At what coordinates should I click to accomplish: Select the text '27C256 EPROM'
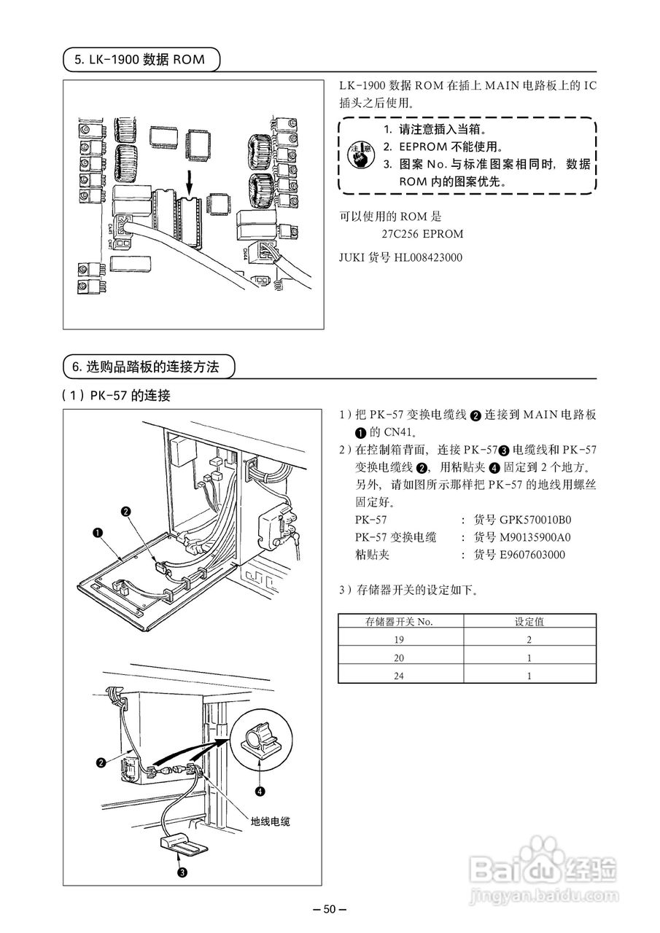click(422, 234)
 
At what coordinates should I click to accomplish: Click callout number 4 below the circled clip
click(260, 789)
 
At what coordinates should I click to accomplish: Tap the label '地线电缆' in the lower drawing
click(271, 821)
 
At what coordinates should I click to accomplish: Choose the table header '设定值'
click(529, 622)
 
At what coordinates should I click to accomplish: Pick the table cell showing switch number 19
click(399, 639)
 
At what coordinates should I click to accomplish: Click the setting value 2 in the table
click(529, 639)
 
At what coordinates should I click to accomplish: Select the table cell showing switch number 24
click(399, 676)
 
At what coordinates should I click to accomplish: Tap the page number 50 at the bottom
click(329, 909)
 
